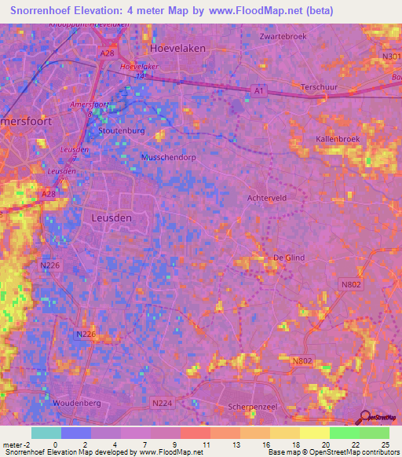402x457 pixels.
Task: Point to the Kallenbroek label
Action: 337,138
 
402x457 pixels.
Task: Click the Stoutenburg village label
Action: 122,130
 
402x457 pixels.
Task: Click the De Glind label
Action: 287,258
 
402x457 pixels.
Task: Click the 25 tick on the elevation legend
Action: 385,444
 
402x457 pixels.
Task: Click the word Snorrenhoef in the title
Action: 44,11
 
